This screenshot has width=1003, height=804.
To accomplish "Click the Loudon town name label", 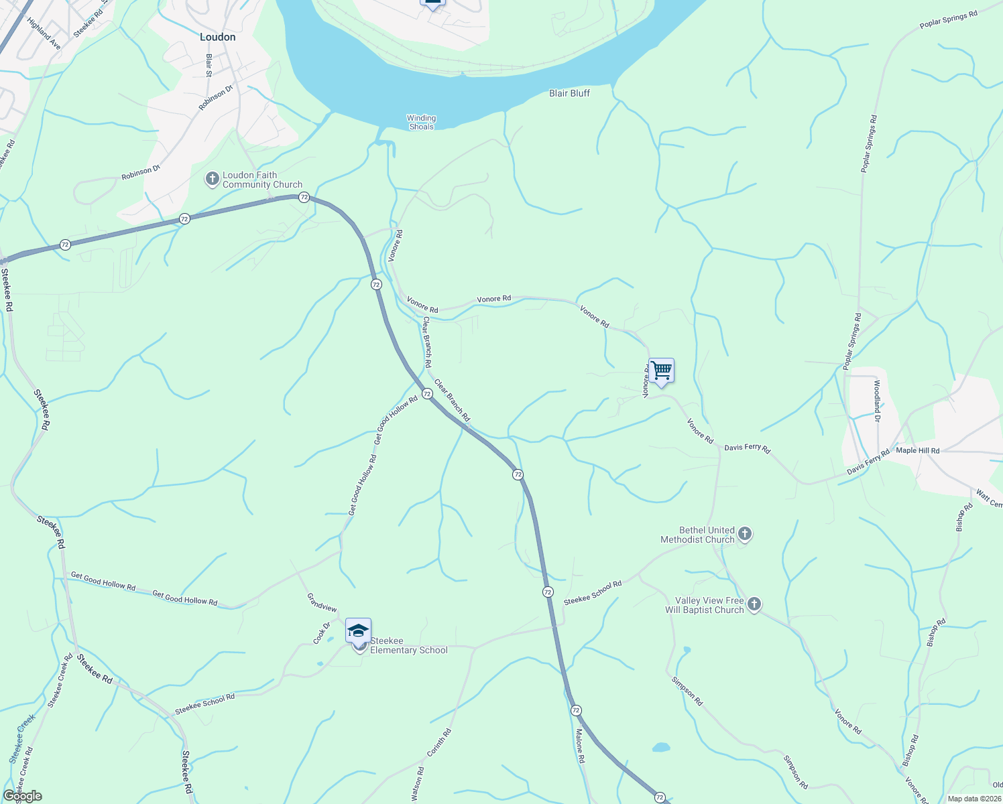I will (218, 38).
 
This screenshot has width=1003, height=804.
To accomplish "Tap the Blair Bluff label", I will (569, 93).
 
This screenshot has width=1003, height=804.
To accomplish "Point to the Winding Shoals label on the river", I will (421, 122).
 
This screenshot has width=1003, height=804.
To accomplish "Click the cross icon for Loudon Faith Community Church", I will (212, 179).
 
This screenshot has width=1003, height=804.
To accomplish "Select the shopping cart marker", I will (661, 371).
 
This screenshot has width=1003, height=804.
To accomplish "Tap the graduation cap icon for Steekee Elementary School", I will (358, 631).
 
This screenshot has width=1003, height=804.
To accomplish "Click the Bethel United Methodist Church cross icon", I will (744, 535).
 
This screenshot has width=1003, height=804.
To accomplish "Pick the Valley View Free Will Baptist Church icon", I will (754, 605).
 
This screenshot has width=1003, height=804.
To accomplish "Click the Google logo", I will (22, 796).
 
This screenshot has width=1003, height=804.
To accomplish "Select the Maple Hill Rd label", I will (918, 450).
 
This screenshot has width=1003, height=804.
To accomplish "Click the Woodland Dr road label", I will (877, 401).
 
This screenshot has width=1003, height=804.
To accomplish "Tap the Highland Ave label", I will (44, 33).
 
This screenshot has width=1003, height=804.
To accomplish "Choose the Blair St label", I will (209, 65).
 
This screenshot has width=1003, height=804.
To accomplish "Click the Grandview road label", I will (322, 602).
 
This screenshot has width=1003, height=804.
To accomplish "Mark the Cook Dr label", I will (322, 633).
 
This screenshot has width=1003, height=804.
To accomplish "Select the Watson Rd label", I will (417, 784).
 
